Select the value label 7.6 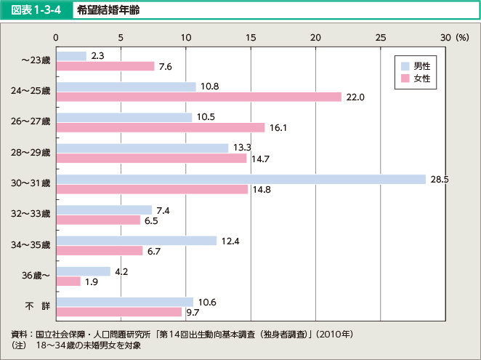[x=165, y=67]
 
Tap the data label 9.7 [x=191, y=312]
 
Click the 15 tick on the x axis [x=251, y=37]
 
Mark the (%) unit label [x=462, y=37]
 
